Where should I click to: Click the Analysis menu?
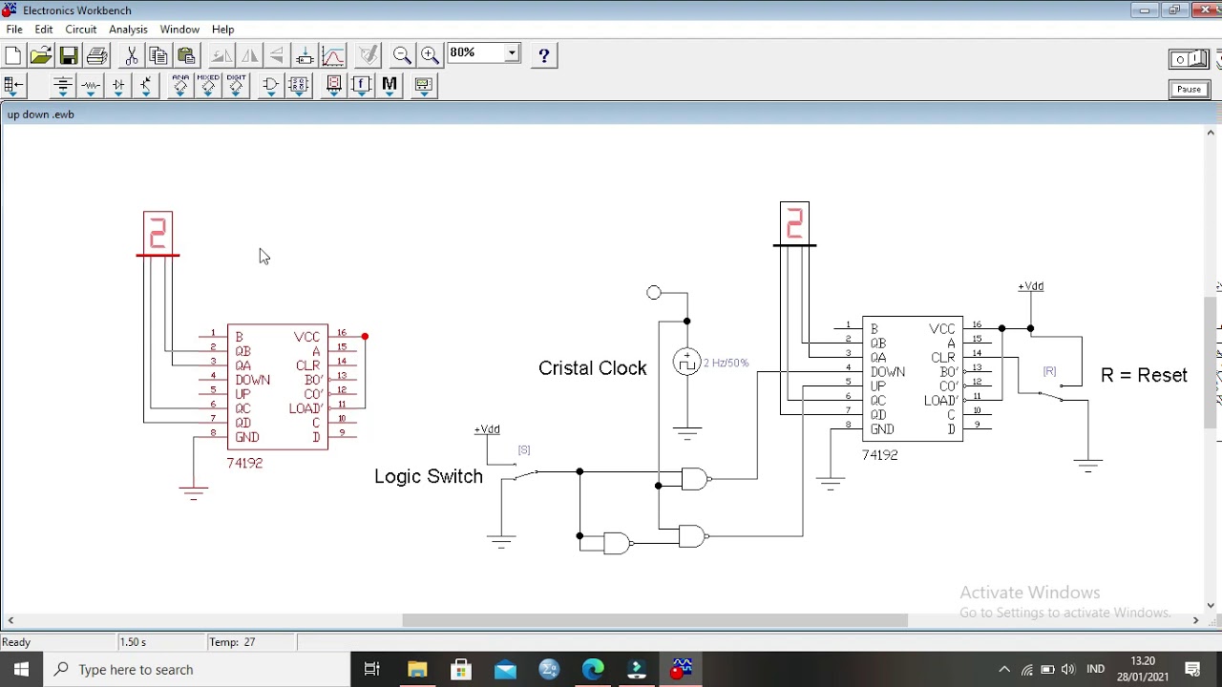[x=128, y=30]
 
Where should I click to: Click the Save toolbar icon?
[x=69, y=55]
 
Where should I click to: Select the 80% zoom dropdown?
[x=483, y=53]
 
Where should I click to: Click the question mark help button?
[x=543, y=55]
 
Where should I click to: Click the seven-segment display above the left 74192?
[x=158, y=233]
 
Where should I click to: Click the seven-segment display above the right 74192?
[x=794, y=223]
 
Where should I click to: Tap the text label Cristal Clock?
[x=592, y=368]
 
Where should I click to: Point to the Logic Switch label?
[x=428, y=476]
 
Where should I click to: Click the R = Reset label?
[x=1144, y=375]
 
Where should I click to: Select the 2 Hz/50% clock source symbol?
[x=686, y=363]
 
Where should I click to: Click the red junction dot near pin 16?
[x=365, y=337]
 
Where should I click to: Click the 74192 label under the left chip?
[x=244, y=463]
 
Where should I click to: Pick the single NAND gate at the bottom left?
[x=617, y=544]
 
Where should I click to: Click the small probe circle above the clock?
[x=653, y=293]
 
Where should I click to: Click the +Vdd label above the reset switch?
[x=1030, y=286]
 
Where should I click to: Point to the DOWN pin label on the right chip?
[x=888, y=372]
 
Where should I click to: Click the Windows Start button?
[x=21, y=669]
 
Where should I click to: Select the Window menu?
[x=179, y=30]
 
